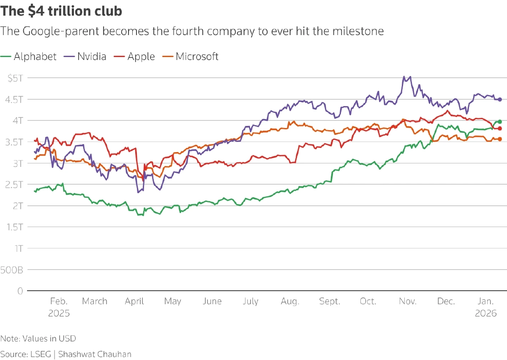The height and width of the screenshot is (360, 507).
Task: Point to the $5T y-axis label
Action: click(15, 78)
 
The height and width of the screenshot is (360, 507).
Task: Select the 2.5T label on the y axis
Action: click(14, 185)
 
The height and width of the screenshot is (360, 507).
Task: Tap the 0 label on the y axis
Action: click(20, 291)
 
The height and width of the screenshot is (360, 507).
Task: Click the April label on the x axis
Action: click(134, 301)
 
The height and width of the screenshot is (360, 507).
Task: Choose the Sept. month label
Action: click(330, 301)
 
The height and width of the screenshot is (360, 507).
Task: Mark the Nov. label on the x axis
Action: click(408, 301)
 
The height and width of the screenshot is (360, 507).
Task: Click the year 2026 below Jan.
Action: click(485, 314)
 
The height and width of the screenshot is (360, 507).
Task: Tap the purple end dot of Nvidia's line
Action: click(500, 99)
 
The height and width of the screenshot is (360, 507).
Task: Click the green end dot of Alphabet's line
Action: click(500, 122)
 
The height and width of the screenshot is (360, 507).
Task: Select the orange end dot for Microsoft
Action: click(500, 139)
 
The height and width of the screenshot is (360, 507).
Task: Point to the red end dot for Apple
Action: click(500, 128)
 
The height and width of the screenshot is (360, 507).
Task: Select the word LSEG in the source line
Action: click(41, 354)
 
